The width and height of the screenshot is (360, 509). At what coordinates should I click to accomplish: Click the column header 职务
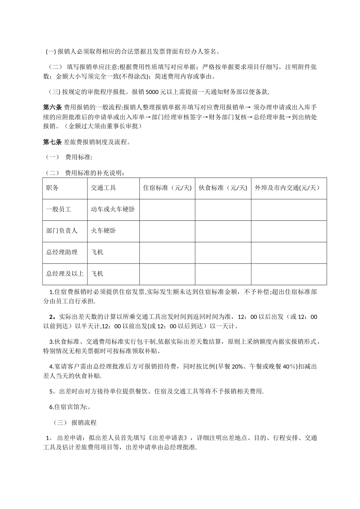(x=52, y=188)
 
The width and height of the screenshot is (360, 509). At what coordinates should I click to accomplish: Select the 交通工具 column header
(x=103, y=188)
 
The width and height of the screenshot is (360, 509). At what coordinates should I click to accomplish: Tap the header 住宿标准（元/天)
(x=167, y=188)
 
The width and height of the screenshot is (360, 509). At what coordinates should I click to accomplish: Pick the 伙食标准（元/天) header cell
(x=223, y=188)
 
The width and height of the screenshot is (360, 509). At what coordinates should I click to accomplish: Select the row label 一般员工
(x=58, y=209)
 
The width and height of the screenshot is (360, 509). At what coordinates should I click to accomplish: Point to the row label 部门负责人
(x=62, y=231)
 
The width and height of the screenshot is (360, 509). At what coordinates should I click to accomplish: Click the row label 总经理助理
(x=62, y=252)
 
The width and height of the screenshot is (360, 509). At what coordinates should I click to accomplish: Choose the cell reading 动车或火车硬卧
(x=113, y=209)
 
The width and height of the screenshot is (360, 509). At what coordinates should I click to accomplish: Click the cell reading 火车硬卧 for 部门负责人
(x=103, y=231)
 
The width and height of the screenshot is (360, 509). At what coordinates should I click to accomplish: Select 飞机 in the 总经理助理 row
(x=97, y=252)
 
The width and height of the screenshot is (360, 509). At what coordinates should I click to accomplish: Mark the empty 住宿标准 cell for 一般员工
(x=167, y=210)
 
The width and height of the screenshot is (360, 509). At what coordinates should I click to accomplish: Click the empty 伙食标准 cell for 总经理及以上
(x=223, y=274)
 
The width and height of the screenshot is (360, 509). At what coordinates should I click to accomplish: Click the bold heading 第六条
(x=52, y=107)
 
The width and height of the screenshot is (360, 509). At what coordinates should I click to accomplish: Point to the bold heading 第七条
(x=52, y=142)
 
